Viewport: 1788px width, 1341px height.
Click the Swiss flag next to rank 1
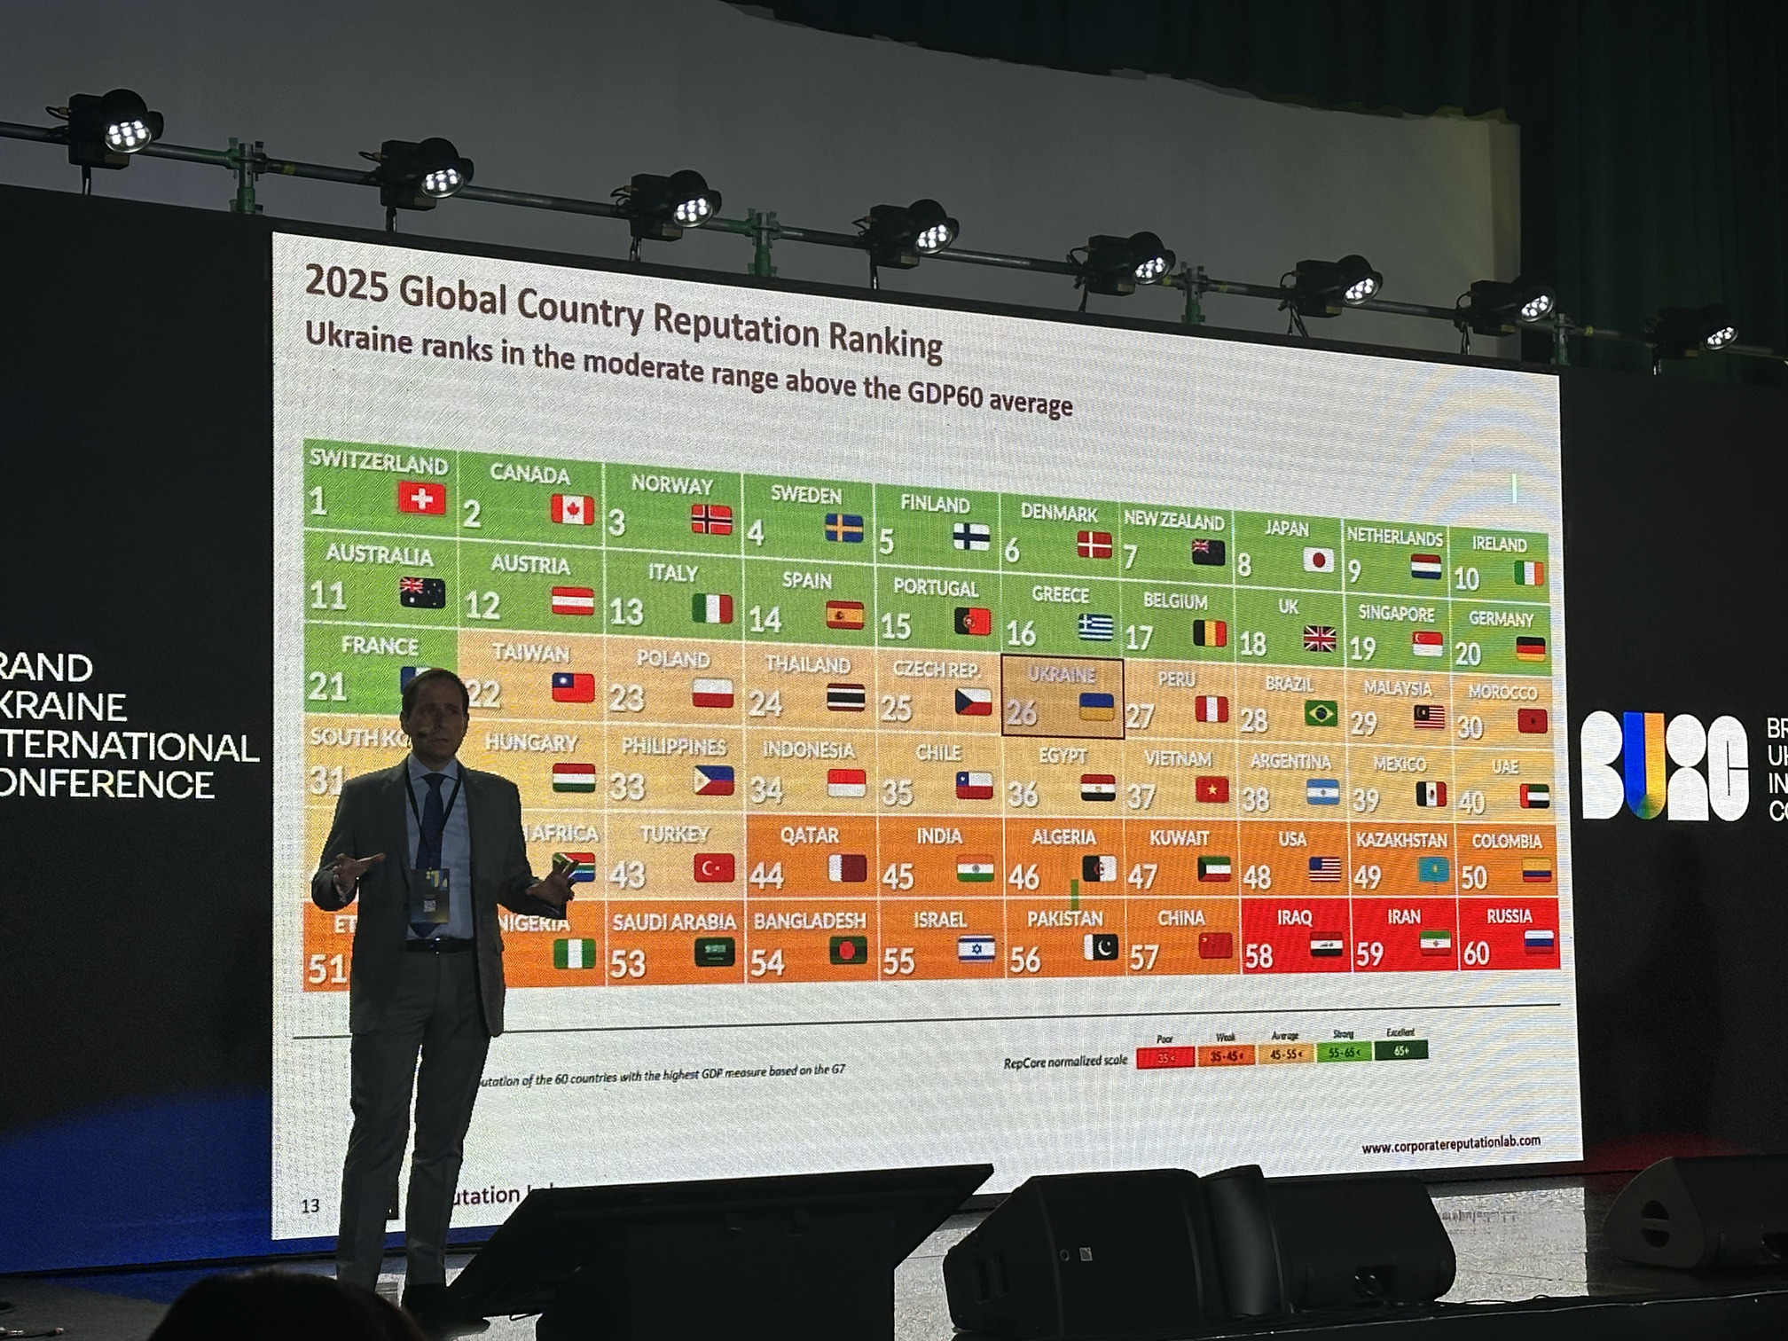[x=421, y=498]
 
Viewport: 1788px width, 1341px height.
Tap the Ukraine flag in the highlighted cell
[x=1096, y=707]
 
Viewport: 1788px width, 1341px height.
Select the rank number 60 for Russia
[x=1476, y=953]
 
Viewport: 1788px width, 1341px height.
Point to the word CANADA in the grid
[x=529, y=474]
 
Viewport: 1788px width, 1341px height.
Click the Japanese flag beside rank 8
[x=1318, y=560]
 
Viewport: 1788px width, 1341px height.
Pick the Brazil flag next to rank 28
[x=1321, y=713]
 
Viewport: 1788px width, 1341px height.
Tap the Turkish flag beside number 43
[x=713, y=868]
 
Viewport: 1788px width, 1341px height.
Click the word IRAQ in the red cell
[x=1294, y=918]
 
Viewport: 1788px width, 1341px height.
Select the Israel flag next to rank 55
[x=976, y=950]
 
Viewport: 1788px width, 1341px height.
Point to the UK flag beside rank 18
[x=1320, y=639]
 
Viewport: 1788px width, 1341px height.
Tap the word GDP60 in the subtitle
[x=945, y=395]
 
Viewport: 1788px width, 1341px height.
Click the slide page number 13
[x=310, y=1206]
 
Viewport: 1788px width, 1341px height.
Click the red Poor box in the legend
[x=1165, y=1057]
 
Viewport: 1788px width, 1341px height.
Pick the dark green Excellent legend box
[x=1400, y=1051]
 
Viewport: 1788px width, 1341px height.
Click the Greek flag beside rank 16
[x=1095, y=628]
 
